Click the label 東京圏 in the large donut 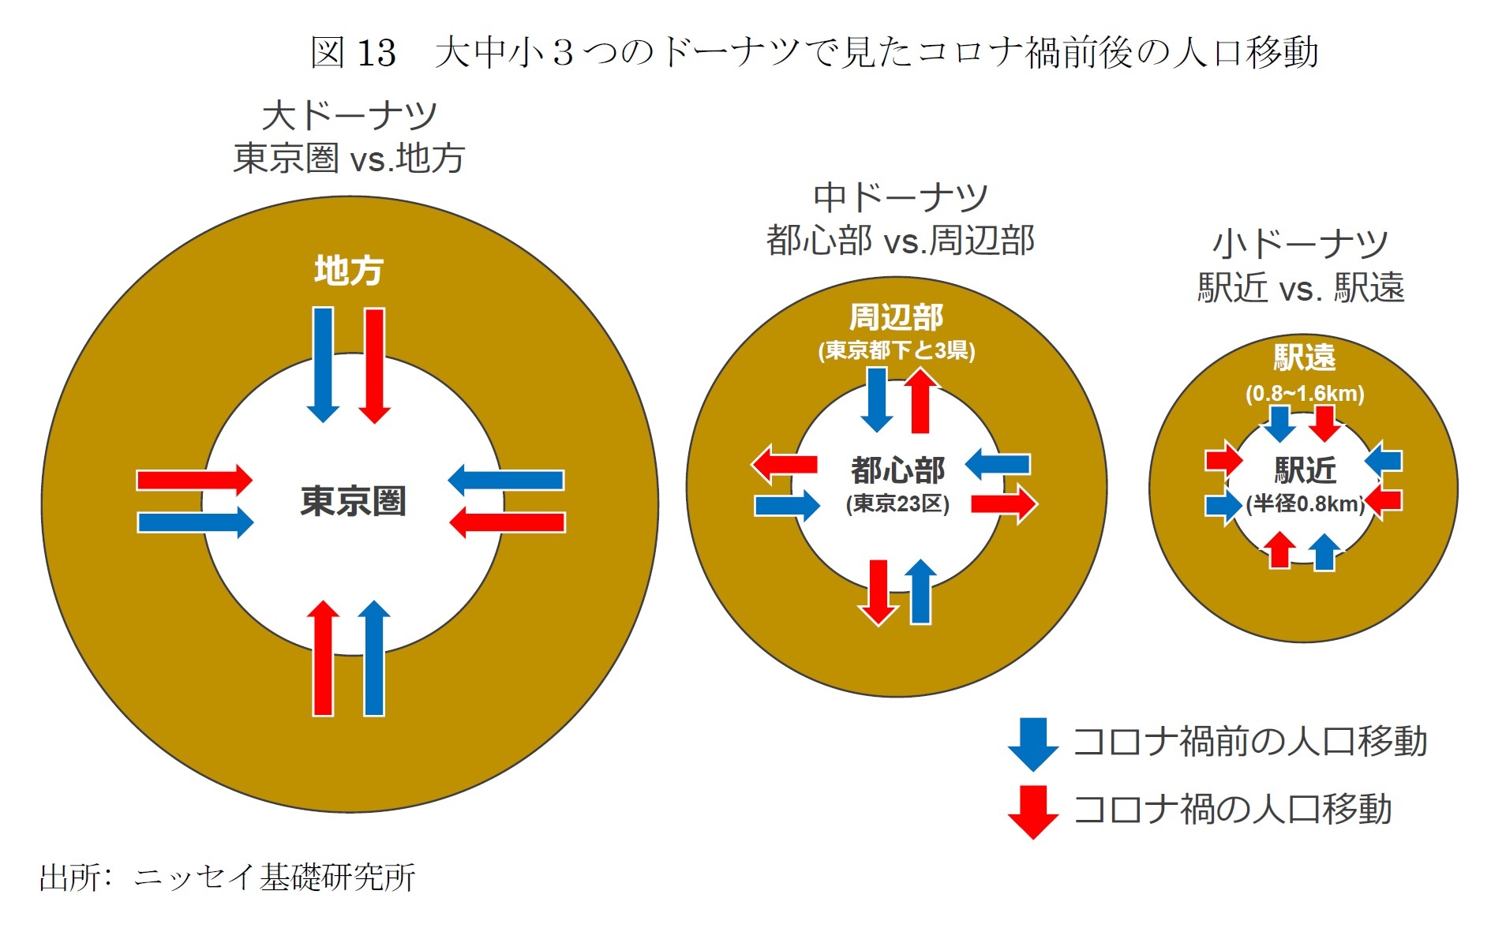pos(353,501)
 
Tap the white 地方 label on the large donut pos(348,270)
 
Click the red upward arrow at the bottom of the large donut pos(323,658)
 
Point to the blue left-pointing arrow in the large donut pos(506,480)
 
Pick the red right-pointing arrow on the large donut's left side pos(194,480)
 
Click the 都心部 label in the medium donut pos(897,470)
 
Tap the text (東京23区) pos(897,503)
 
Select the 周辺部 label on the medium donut pos(896,317)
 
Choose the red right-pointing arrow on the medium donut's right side pos(1003,503)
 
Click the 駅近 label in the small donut pos(1305,470)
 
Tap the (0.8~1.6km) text pos(1305,393)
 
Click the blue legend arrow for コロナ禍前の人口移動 pos(1033,743)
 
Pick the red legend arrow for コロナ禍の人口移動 pos(1033,811)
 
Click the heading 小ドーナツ pos(1300,244)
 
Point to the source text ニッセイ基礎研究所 pos(274,877)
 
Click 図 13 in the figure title pos(353,53)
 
